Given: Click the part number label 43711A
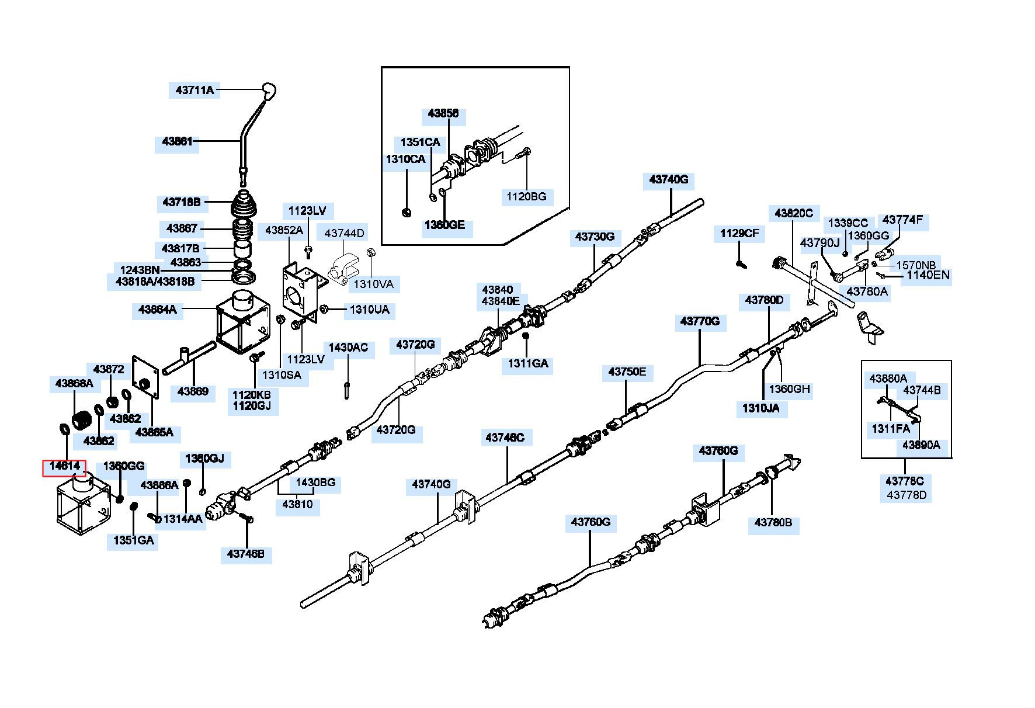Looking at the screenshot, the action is coord(195,91).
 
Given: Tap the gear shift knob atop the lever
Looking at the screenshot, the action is coord(269,91).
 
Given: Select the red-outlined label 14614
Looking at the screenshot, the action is coord(64,466).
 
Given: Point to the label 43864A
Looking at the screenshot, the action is coord(157,310).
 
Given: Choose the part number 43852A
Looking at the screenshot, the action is coord(284,230).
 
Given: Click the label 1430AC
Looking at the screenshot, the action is coord(348,348).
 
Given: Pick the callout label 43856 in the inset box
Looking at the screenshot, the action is coord(443,114).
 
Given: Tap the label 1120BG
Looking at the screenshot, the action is coord(526,197).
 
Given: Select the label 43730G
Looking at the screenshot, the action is coord(595,237).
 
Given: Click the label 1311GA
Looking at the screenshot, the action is coord(528,364).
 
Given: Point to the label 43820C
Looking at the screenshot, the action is coord(794,214).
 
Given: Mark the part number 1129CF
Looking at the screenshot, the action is coord(739,234).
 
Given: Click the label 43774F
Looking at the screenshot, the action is coord(902,220).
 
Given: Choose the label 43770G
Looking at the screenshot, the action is coord(700,321).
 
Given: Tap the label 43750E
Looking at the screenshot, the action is coord(627,372).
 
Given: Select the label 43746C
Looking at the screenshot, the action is coord(505,437).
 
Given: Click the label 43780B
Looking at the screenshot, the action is coord(773,522).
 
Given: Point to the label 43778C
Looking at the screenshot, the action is coord(905,481).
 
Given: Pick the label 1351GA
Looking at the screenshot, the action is coord(134,541).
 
